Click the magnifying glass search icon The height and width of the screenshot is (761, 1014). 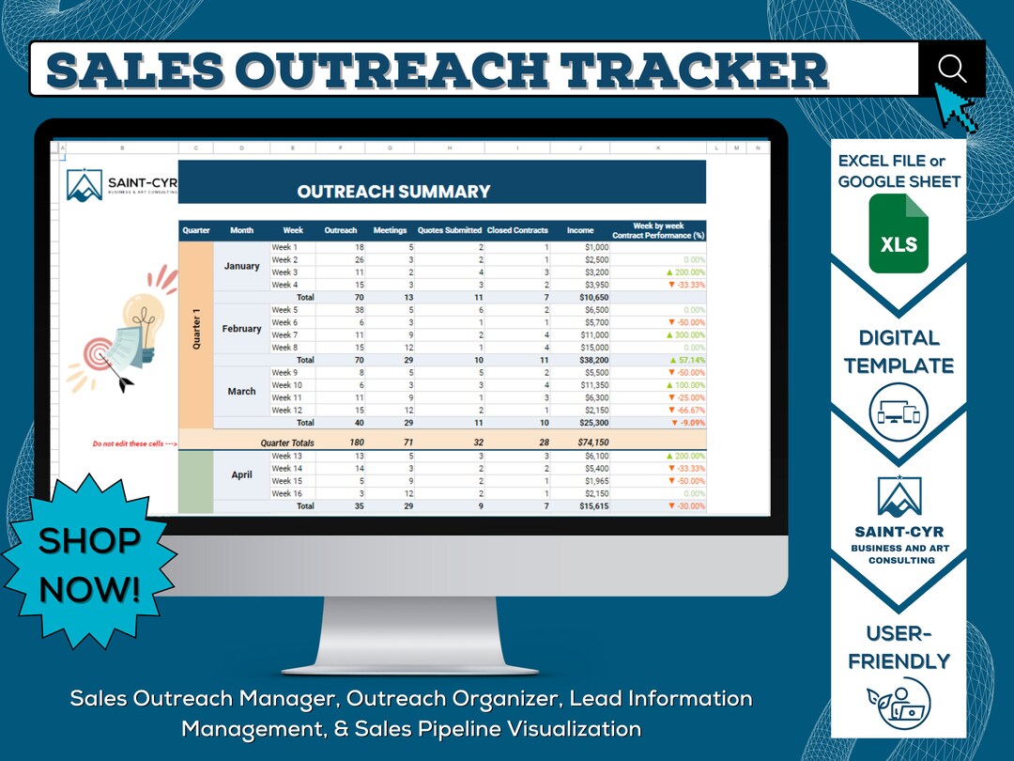[x=951, y=68]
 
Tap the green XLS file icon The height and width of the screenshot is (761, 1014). [x=898, y=233]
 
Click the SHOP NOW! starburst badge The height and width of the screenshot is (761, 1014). [x=89, y=564]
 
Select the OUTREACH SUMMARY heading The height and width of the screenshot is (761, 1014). [x=393, y=192]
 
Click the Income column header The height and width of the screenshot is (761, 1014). [x=580, y=230]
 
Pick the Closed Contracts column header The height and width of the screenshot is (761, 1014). [x=517, y=230]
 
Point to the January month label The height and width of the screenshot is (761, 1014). [x=241, y=266]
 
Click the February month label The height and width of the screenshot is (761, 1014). [x=241, y=329]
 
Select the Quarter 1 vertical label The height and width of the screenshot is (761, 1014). [x=196, y=329]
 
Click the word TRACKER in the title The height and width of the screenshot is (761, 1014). [x=700, y=70]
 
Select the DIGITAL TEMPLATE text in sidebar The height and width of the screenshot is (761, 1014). [x=899, y=351]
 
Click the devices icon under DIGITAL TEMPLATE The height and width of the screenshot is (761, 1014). [x=899, y=412]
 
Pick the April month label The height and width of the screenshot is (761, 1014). [x=241, y=474]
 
